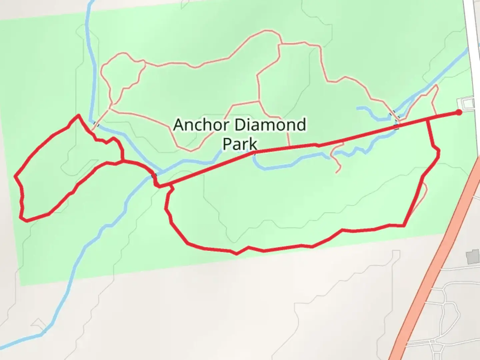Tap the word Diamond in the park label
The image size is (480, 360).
tap(270, 125)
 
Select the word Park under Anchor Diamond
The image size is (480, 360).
tap(240, 144)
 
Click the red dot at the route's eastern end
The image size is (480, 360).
tap(459, 112)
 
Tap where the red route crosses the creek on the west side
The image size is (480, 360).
tap(154, 176)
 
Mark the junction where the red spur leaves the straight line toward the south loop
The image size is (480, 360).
tap(427, 119)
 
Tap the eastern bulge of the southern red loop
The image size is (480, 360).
tap(437, 153)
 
